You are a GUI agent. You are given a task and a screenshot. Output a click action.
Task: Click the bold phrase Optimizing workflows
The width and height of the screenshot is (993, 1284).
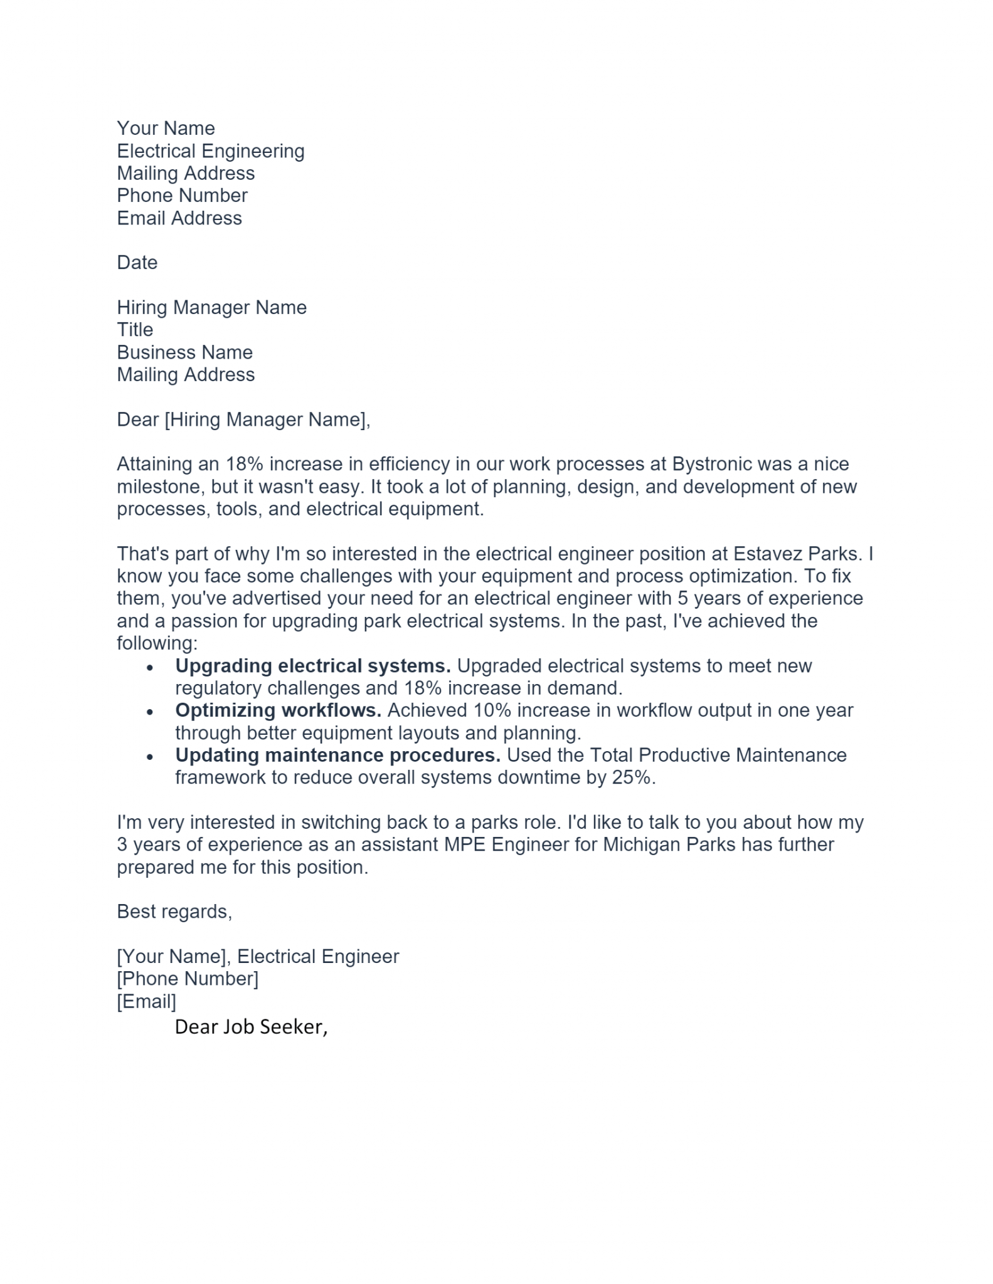(x=278, y=710)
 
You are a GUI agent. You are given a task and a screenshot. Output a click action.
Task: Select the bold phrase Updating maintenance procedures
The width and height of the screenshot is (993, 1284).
(x=337, y=755)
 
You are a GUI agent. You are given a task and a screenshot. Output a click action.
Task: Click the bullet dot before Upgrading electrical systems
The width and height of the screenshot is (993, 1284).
(x=149, y=668)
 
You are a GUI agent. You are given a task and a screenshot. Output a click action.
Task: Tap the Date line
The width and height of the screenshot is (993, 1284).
(x=137, y=263)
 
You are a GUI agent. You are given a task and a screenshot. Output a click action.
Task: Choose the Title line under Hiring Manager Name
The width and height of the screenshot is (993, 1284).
(x=135, y=330)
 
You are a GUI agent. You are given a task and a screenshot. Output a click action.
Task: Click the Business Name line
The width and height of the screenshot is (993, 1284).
(x=184, y=352)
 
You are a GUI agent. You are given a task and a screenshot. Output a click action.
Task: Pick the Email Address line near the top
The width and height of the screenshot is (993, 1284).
(x=179, y=218)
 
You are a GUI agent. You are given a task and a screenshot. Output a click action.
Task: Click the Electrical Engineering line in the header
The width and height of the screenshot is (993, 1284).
(x=210, y=151)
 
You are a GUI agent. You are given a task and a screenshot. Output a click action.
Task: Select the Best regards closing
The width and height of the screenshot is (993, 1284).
(x=174, y=912)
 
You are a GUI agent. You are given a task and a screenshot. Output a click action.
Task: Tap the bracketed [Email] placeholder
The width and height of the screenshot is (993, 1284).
(x=146, y=1001)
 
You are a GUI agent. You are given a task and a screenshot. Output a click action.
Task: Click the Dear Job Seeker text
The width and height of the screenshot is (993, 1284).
(x=251, y=1027)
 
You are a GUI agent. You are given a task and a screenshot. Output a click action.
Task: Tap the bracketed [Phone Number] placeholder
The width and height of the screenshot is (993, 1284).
(x=187, y=979)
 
